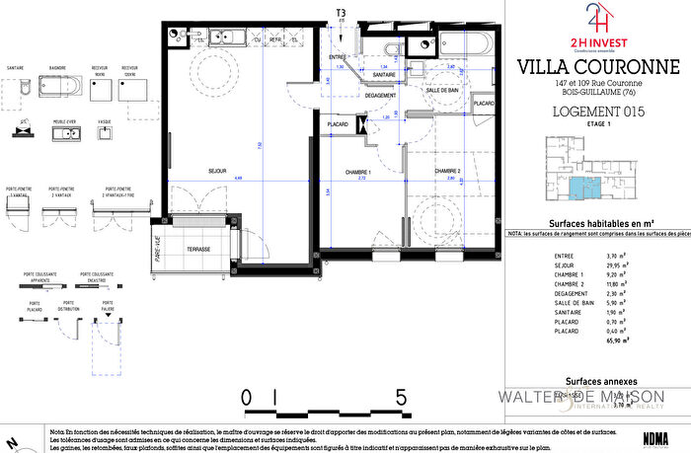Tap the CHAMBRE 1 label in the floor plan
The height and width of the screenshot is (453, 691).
point(344,170)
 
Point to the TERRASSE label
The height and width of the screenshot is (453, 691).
point(197,249)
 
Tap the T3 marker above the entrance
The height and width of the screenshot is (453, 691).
point(342,13)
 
